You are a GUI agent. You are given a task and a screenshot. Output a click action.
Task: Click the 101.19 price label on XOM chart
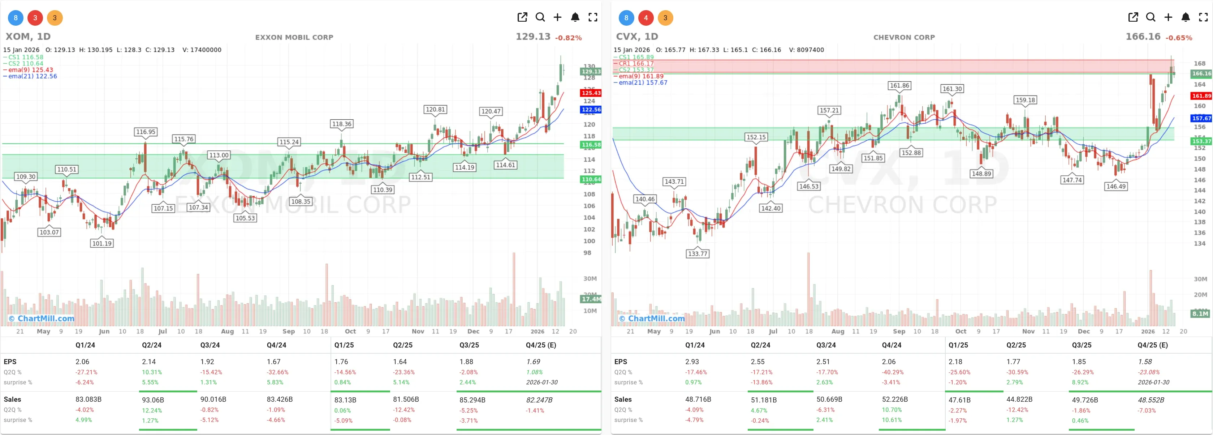point(102,243)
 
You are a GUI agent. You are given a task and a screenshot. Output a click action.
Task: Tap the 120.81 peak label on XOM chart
point(435,109)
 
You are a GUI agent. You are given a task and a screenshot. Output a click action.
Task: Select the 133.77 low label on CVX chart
point(698,253)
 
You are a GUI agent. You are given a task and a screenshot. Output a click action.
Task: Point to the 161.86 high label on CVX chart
point(899,85)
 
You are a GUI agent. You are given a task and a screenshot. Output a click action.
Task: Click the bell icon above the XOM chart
point(575,17)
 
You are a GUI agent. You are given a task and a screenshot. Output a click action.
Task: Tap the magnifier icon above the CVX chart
point(1151,17)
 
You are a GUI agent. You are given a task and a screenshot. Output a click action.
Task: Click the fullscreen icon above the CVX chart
point(1203,17)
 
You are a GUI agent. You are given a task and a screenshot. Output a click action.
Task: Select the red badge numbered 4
point(646,18)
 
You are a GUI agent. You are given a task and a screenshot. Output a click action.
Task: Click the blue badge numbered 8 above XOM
point(16,18)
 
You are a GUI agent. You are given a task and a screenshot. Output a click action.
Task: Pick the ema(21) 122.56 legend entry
point(32,76)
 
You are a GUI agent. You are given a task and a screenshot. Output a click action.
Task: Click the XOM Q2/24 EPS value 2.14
point(149,362)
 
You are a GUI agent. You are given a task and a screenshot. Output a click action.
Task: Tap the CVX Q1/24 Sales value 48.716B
point(698,399)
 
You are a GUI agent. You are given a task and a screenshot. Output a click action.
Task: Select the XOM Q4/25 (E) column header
point(540,345)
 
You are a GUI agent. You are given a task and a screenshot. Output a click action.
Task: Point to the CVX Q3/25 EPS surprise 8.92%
point(1080,382)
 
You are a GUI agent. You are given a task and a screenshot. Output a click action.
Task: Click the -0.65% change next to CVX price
point(1179,38)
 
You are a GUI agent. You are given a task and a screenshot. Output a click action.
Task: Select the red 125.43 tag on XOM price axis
point(591,93)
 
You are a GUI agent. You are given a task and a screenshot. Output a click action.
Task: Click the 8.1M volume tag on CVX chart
point(1200,314)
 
